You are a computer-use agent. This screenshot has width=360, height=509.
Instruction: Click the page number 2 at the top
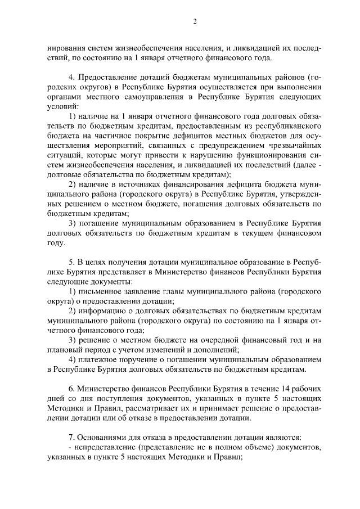tap(194, 22)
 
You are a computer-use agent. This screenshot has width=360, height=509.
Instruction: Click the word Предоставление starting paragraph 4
tap(110, 76)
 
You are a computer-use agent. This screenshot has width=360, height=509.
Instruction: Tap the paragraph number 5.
tap(71, 263)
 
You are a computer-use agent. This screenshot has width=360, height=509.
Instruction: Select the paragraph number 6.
tap(71, 389)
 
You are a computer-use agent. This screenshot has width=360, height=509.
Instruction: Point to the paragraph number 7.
tap(71, 437)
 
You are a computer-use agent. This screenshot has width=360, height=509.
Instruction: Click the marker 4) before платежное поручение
tap(71, 359)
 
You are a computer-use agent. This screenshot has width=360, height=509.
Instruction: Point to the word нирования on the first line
tap(66, 48)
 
